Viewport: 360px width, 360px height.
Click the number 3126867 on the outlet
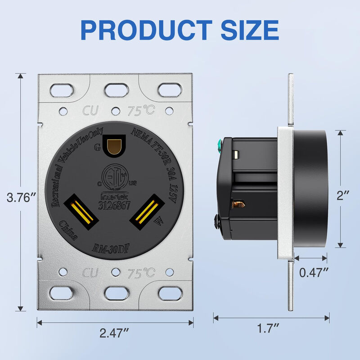tap(114, 204)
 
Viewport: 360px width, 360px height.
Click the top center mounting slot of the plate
tap(115, 89)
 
